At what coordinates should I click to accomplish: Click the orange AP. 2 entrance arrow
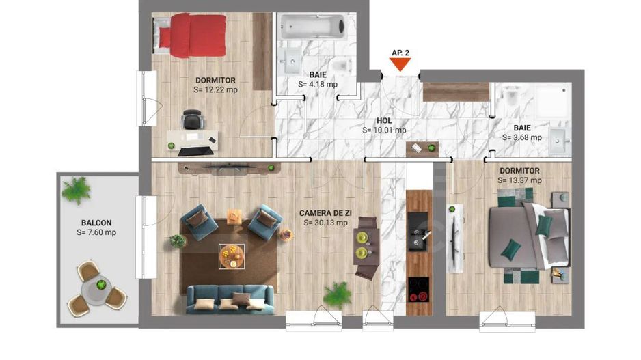click(400, 65)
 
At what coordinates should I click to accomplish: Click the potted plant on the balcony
click(76, 190)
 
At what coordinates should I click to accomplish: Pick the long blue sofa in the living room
click(230, 299)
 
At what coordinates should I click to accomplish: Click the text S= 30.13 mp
click(324, 222)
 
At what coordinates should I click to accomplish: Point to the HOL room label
click(384, 120)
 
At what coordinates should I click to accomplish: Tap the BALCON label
click(96, 223)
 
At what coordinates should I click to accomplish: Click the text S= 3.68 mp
click(522, 137)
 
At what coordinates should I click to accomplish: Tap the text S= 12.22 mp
click(216, 89)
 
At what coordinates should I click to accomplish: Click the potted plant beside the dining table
click(336, 294)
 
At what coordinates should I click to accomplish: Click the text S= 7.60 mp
click(96, 232)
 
